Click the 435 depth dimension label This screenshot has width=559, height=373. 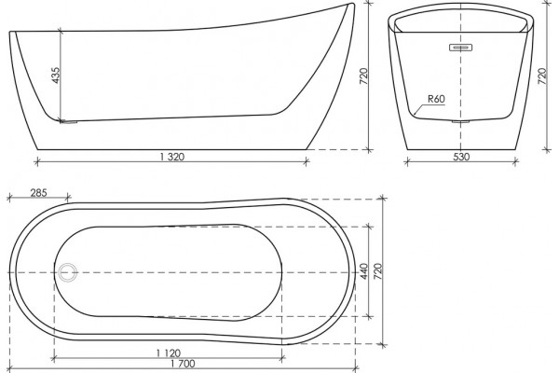point(56,76)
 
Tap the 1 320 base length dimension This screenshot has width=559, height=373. point(172,157)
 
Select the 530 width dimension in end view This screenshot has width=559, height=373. point(462,157)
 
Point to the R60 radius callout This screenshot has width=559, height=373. point(436,99)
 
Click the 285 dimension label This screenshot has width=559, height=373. point(38,193)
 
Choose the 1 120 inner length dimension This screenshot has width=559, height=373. point(169,353)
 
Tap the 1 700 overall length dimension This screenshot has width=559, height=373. point(183,364)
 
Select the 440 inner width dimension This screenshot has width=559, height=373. point(363,271)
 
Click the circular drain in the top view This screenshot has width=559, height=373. point(67,272)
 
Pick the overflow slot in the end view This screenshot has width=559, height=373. point(460,48)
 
